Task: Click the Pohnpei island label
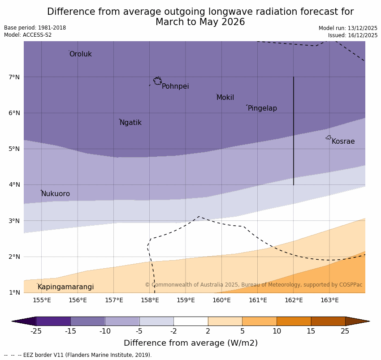click(175, 86)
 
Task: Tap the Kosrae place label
click(343, 141)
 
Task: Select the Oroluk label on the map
click(80, 54)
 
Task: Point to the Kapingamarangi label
click(65, 287)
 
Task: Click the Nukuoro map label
click(56, 194)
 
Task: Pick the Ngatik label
click(130, 123)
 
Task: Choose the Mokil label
click(225, 98)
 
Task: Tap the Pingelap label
click(262, 108)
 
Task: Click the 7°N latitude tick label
click(14, 77)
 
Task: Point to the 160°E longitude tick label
click(221, 300)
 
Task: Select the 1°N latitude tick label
click(14, 292)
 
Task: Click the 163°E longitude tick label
click(329, 300)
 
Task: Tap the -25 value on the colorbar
click(36, 331)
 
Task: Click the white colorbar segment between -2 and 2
click(190, 321)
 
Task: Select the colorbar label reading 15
click(311, 331)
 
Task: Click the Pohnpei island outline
click(157, 81)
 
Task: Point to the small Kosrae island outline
click(329, 137)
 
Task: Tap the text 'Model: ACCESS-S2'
click(28, 35)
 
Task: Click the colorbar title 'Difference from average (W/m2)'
click(190, 343)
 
